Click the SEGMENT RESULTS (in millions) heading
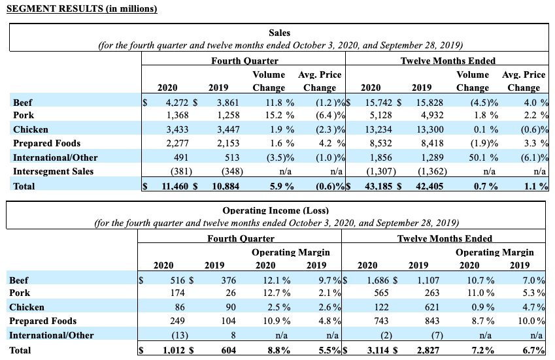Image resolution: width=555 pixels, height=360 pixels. (82, 9)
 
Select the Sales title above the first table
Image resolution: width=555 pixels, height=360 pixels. (279, 33)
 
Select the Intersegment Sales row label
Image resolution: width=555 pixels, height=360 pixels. (54, 171)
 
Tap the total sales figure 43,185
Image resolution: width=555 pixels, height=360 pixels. (376, 186)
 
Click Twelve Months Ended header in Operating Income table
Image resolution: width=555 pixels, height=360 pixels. (445, 238)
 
